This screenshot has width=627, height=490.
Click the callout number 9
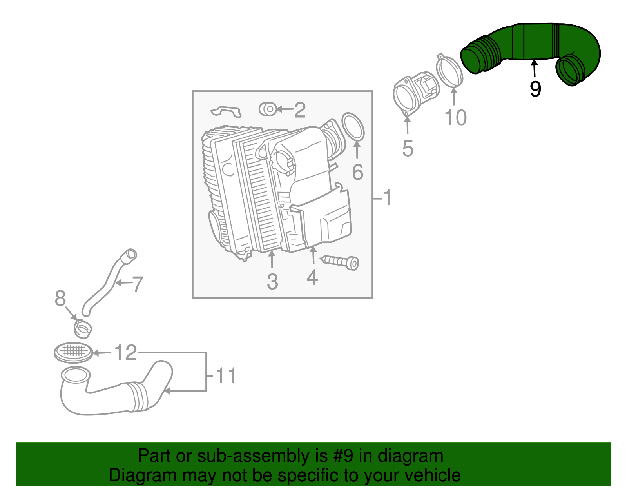[535, 89]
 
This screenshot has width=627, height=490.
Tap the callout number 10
[456, 118]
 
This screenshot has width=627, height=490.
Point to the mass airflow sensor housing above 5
[415, 92]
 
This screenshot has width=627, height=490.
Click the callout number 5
[408, 149]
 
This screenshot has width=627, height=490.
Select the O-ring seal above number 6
[353, 126]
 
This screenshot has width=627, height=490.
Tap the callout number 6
[357, 173]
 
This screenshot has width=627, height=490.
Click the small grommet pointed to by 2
[268, 109]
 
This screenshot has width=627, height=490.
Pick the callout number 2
[300, 110]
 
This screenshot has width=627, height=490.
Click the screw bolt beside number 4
[340, 262]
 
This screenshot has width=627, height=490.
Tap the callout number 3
[272, 282]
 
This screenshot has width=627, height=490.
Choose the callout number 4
[312, 277]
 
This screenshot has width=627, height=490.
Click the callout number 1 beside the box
[387, 198]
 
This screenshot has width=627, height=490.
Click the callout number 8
[60, 299]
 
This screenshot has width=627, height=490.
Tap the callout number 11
[226, 376]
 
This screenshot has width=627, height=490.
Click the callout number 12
[125, 353]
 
